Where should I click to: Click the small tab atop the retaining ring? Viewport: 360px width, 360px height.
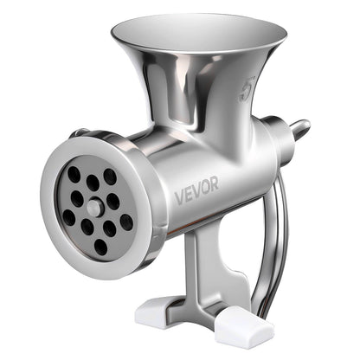pos(80,132)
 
